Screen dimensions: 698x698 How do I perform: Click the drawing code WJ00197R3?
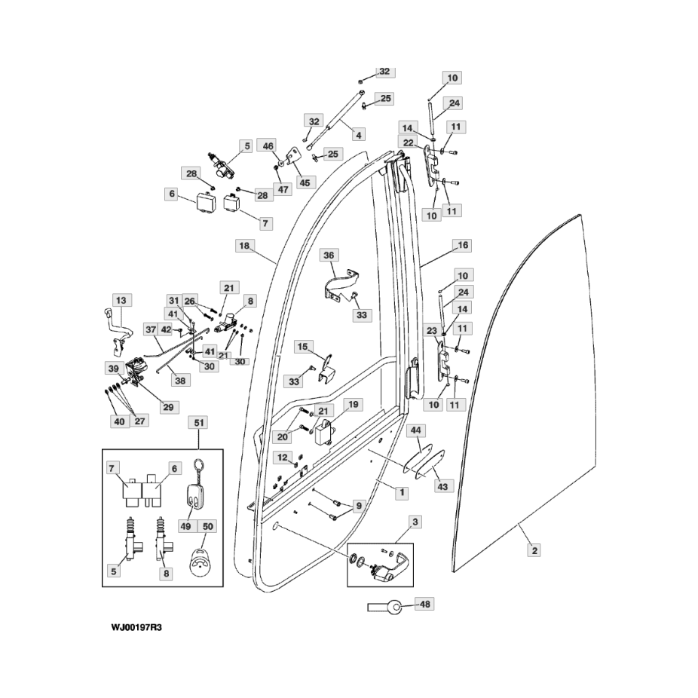136,628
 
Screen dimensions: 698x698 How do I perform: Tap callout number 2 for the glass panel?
534,550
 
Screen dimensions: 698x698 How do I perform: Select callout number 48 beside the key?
425,604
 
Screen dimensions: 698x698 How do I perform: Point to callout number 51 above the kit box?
198,422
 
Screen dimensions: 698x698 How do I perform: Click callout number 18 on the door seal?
244,246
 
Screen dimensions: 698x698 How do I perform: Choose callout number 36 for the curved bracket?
329,255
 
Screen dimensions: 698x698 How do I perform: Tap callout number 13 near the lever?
121,301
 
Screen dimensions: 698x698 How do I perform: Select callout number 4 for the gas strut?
359,134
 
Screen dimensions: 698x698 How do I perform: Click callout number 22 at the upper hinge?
409,143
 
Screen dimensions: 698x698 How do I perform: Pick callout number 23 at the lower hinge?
432,331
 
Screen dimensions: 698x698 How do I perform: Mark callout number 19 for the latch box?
353,405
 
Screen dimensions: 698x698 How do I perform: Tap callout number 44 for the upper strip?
415,430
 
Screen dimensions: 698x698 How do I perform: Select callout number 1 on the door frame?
402,492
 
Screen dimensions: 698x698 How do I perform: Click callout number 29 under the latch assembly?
168,407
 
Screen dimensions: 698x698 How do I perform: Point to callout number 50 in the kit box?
208,526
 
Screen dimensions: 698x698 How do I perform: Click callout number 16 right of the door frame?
463,245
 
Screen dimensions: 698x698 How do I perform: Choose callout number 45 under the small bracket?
305,182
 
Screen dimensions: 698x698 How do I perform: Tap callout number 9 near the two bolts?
359,506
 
